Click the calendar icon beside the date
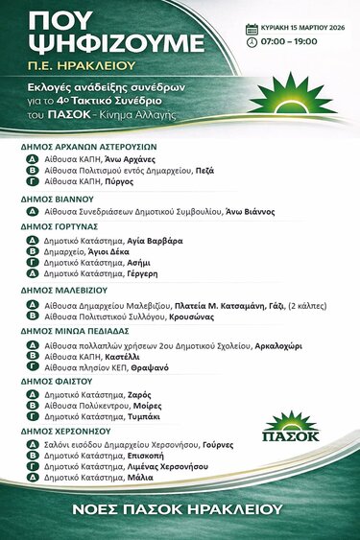click(x=252, y=29)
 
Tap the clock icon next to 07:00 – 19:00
click(x=252, y=42)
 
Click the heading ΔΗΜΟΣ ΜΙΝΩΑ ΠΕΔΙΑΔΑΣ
click(x=71, y=328)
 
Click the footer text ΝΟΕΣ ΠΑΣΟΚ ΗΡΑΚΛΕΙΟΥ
click(x=180, y=507)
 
